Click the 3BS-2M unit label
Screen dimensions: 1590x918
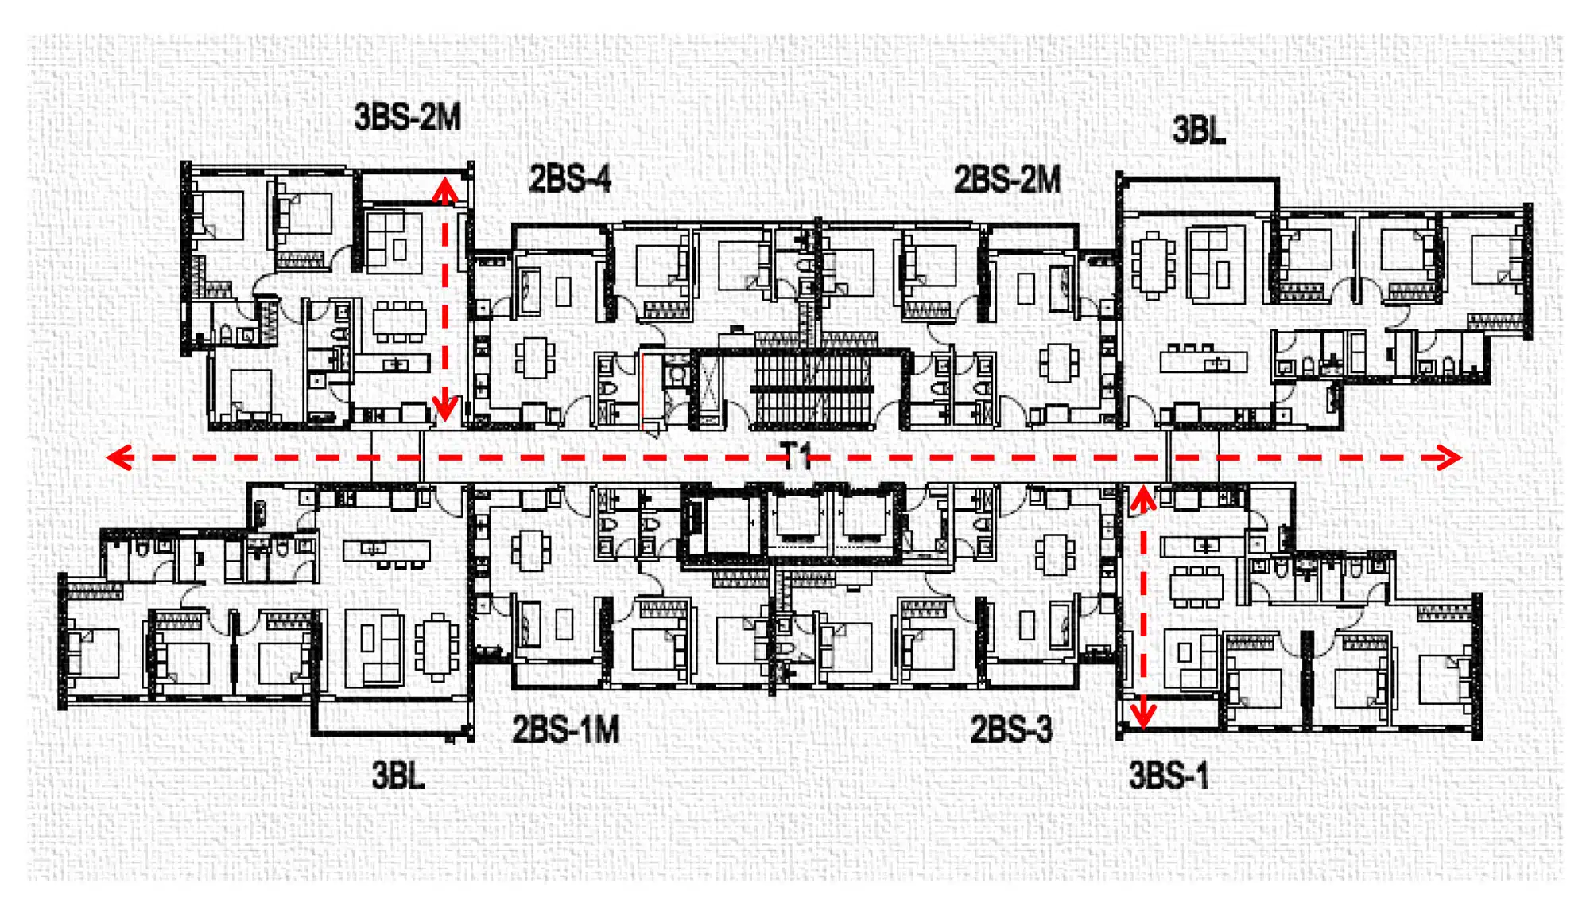pos(407,118)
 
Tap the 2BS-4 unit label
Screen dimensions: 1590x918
pos(570,179)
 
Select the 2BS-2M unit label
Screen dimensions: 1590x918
pos(1007,180)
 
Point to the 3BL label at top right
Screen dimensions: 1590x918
pos(1199,130)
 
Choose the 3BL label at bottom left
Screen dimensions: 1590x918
pos(398,776)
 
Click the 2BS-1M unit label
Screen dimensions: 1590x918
pos(565,729)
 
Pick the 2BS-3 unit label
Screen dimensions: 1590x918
pos(1011,729)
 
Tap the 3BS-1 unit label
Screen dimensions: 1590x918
pos(1169,776)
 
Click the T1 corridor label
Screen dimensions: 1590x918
pos(797,457)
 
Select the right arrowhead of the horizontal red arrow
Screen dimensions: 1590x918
pos(1448,457)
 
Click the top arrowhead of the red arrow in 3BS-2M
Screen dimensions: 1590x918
pos(445,189)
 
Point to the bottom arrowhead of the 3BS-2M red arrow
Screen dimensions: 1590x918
pos(445,408)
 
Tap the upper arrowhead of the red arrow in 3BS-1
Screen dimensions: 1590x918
pos(1143,499)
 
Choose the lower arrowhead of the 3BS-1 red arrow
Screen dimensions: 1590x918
pos(1143,716)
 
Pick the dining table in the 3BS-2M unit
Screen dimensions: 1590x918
pos(399,321)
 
